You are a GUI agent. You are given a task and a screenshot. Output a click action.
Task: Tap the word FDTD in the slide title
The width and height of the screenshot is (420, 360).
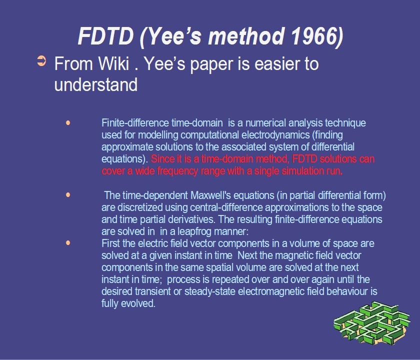coord(105,36)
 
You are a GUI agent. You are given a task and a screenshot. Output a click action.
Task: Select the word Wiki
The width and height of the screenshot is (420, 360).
coord(113,64)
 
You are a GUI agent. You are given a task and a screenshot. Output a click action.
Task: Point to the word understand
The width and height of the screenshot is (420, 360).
coord(96,84)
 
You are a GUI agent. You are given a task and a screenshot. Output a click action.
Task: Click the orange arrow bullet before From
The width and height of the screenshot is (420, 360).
coord(41,61)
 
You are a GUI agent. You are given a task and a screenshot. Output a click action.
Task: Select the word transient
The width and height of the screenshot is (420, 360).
coord(152,291)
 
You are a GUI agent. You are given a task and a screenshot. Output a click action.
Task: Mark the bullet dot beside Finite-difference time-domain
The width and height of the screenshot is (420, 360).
coord(68,123)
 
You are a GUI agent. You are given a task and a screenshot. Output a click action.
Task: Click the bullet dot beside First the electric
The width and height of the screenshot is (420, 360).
coord(68,243)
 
